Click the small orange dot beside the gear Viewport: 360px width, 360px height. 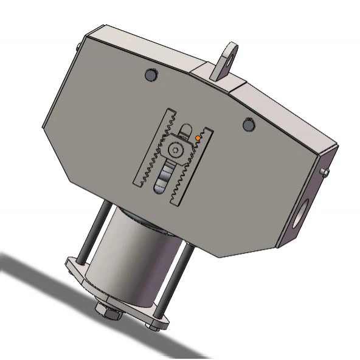pyautogui.click(x=198, y=139)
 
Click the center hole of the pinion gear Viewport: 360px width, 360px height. pyautogui.click(x=176, y=148)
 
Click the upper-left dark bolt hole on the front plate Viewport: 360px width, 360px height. pyautogui.click(x=150, y=75)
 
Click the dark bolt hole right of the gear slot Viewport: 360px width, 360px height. pyautogui.click(x=247, y=124)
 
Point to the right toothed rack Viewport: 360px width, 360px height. pyautogui.click(x=194, y=167)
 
